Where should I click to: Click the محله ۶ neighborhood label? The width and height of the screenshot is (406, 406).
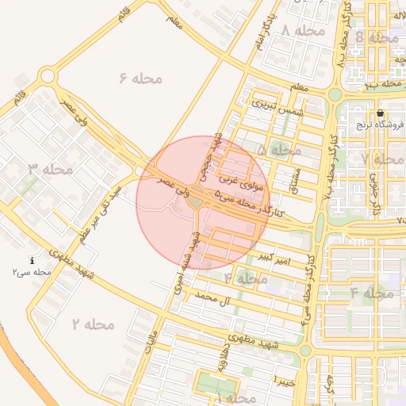140,78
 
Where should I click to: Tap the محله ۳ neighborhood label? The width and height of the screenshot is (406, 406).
51,169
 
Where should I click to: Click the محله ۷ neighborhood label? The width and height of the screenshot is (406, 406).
382,159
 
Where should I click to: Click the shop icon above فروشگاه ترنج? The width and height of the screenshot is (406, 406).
380,113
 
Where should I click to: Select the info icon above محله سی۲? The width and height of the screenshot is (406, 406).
32,261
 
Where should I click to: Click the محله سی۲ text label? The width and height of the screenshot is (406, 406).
32,272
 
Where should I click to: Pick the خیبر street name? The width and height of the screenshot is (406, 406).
283,381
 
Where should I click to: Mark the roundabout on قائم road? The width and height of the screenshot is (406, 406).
48,77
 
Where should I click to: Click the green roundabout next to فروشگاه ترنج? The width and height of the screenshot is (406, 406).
334,94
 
